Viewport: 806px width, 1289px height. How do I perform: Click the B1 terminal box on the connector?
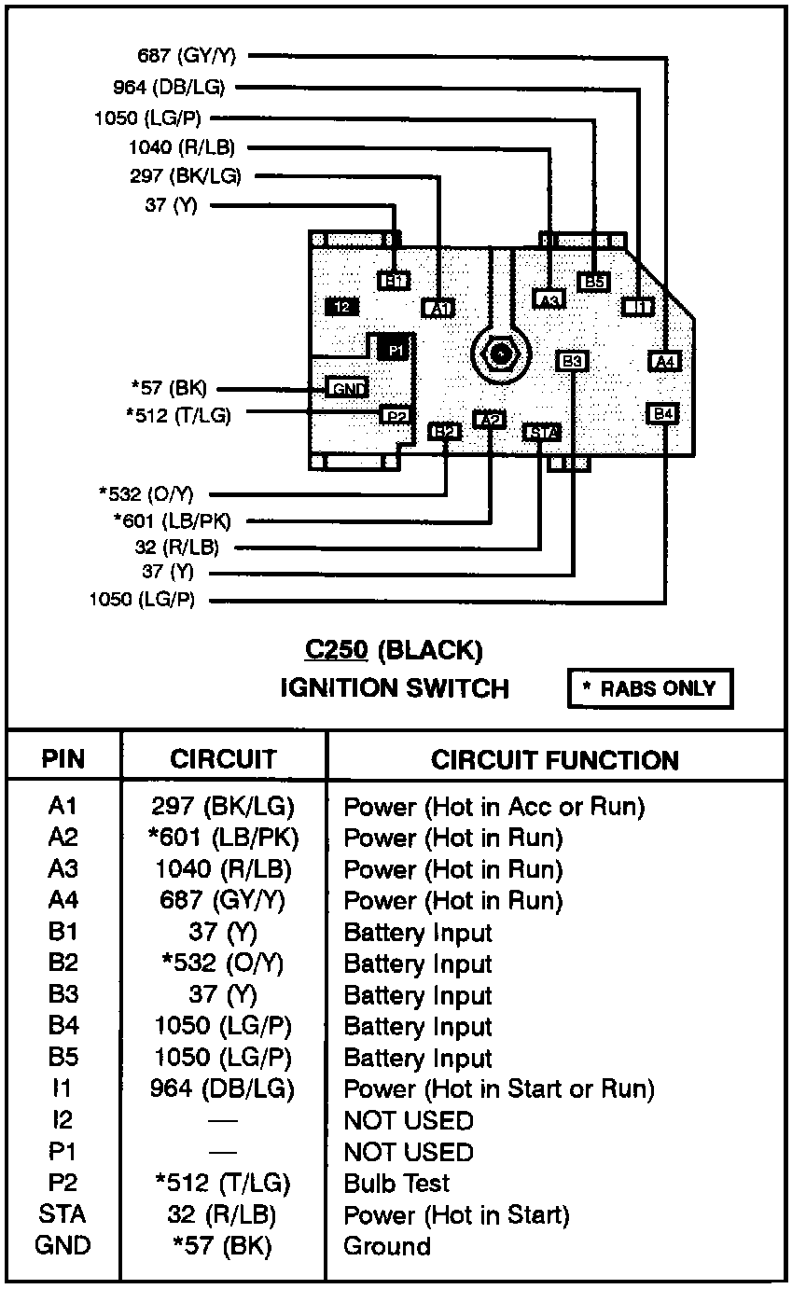pyautogui.click(x=394, y=280)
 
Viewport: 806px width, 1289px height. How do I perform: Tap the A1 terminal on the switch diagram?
pyautogui.click(x=438, y=308)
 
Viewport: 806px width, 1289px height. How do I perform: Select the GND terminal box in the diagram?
pyautogui.click(x=347, y=388)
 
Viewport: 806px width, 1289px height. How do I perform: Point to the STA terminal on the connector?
pyautogui.click(x=542, y=432)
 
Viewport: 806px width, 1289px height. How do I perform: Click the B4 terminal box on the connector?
pyautogui.click(x=663, y=413)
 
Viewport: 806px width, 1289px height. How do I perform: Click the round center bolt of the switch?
pyautogui.click(x=502, y=353)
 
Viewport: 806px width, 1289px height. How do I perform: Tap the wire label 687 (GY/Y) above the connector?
pyautogui.click(x=187, y=56)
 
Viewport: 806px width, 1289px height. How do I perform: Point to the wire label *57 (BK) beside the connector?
pyautogui.click(x=168, y=388)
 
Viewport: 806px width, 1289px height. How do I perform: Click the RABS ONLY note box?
pyautogui.click(x=649, y=689)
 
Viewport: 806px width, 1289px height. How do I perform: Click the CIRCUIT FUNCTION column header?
pyautogui.click(x=554, y=760)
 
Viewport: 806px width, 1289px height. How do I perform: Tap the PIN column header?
pyautogui.click(x=63, y=760)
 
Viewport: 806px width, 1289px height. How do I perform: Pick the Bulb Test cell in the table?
pyautogui.click(x=396, y=1184)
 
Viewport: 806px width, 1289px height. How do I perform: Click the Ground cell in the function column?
pyautogui.click(x=387, y=1246)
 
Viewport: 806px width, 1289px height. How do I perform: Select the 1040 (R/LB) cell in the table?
pyautogui.click(x=223, y=869)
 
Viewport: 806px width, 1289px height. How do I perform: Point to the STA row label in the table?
pyautogui.click(x=63, y=1215)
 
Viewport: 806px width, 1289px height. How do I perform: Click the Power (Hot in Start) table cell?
pyautogui.click(x=456, y=1215)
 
